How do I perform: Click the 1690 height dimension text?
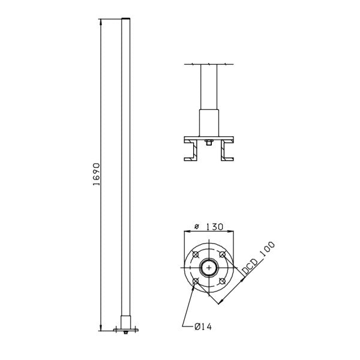coord(97,174)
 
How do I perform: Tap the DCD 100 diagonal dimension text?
coord(259,259)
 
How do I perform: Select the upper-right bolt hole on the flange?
coord(222,255)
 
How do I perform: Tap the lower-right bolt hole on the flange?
coord(222,281)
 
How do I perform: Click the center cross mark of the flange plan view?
coord(209,268)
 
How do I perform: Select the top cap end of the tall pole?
coord(125,21)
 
